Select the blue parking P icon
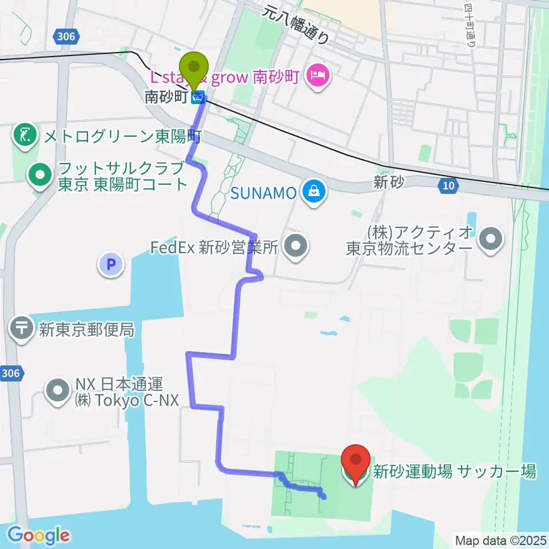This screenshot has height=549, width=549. [x=111, y=264]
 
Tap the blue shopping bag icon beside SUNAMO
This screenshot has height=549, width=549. [x=314, y=192]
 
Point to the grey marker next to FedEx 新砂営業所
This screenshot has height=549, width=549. [x=296, y=247]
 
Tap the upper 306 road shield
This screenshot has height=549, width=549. [x=66, y=37]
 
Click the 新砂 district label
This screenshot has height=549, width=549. [x=389, y=182]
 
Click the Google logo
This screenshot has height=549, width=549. [x=38, y=535]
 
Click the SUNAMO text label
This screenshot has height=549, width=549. [x=264, y=193]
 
